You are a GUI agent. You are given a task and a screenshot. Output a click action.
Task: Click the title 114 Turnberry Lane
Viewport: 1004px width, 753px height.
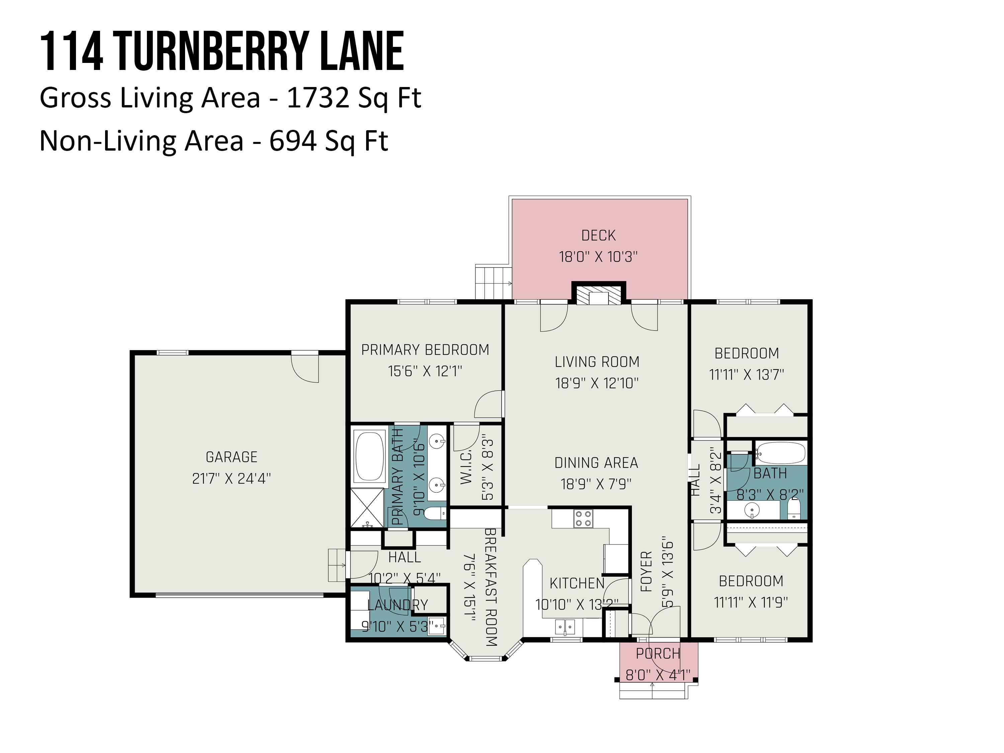(222, 51)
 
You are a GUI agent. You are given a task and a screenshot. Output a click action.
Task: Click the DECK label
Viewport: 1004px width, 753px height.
(598, 236)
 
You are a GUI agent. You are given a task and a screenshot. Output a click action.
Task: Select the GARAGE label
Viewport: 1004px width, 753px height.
(232, 457)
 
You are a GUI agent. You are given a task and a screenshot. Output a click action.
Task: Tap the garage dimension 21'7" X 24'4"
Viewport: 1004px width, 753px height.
(232, 478)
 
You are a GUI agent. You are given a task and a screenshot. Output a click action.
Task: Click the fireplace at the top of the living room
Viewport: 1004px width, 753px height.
(599, 293)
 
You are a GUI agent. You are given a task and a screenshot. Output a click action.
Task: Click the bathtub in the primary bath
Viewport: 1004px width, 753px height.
(370, 456)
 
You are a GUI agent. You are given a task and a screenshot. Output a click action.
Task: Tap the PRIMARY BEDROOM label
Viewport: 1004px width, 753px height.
(425, 350)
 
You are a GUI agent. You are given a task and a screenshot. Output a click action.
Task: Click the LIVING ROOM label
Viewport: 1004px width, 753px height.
(597, 362)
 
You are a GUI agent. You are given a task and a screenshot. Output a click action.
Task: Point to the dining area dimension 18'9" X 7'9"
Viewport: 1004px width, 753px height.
(596, 484)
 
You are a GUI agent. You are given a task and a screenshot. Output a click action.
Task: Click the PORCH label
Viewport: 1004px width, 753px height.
(658, 654)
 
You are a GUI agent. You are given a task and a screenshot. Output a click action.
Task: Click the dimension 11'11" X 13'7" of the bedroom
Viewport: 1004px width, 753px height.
(747, 375)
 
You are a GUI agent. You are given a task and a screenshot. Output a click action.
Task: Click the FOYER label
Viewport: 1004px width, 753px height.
(646, 572)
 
